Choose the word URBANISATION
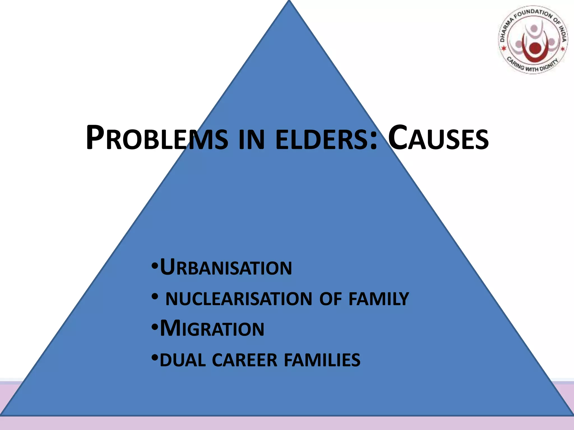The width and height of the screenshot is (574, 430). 226,268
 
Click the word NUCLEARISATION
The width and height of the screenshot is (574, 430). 239,299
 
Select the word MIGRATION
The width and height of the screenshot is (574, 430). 212,328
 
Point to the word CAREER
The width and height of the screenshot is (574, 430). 245,360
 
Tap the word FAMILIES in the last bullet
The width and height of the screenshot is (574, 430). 322,360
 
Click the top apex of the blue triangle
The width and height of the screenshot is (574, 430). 289,2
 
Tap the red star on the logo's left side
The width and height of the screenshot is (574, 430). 504,49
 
